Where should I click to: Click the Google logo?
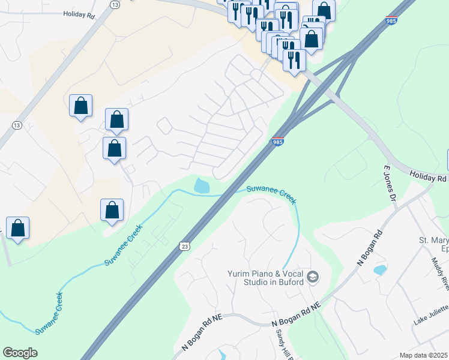(x=20, y=353)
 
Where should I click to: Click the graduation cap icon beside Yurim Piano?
(x=312, y=277)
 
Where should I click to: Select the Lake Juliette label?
(x=431, y=316)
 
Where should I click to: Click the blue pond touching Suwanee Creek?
(x=202, y=186)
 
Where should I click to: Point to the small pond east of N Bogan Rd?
(x=379, y=270)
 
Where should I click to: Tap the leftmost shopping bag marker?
(x=18, y=228)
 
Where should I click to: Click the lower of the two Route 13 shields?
(x=16, y=124)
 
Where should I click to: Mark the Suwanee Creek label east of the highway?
(x=272, y=194)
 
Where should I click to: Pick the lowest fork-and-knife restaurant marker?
(x=294, y=59)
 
